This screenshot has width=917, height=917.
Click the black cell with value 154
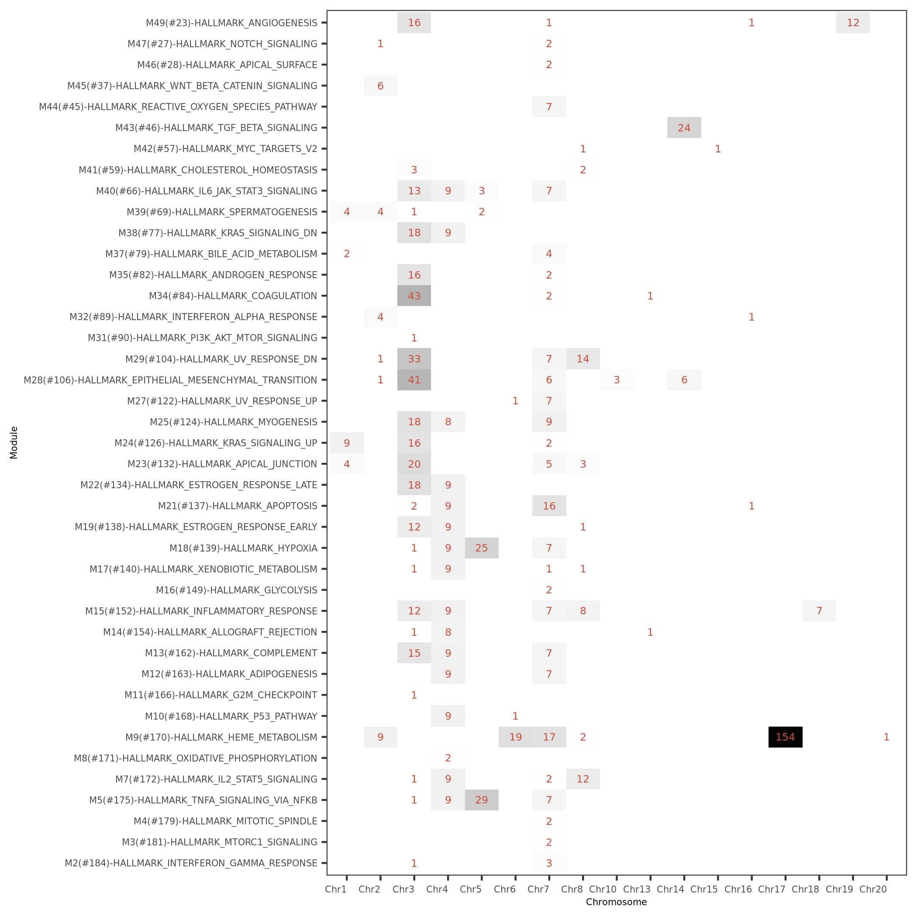(x=785, y=737)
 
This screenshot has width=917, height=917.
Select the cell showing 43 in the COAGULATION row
(x=414, y=296)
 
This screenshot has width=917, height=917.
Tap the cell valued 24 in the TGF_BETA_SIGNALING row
(x=684, y=128)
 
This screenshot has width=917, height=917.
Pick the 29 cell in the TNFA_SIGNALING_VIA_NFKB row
(x=481, y=800)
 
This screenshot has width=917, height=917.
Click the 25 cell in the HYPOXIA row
(x=481, y=548)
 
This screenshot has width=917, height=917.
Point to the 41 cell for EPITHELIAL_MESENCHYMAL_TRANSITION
(x=414, y=380)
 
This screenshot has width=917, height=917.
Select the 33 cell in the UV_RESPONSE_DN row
(x=414, y=359)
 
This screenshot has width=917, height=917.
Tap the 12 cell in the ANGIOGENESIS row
(x=853, y=23)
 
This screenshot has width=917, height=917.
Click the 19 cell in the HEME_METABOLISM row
(x=515, y=737)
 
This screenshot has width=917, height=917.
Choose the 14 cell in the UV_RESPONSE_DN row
(x=583, y=359)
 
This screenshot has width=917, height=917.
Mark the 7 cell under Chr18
(x=819, y=611)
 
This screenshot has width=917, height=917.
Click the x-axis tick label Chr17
(x=772, y=889)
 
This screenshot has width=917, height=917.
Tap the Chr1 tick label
(x=335, y=889)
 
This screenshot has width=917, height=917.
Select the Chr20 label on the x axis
(x=873, y=889)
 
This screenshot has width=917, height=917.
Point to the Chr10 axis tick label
(x=603, y=889)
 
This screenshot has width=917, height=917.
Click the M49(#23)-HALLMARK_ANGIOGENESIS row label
(x=231, y=23)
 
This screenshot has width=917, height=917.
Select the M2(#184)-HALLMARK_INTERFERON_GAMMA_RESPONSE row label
(x=191, y=863)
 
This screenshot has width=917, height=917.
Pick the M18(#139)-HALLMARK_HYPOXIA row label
(x=243, y=548)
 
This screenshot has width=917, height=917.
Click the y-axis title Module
(x=14, y=442)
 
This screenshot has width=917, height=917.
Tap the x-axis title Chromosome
(x=616, y=902)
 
